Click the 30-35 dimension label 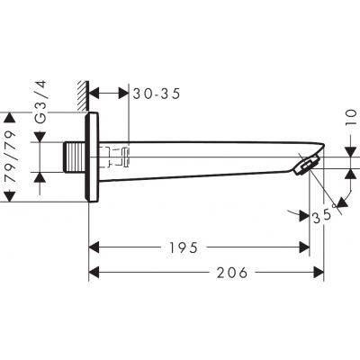point(157,94)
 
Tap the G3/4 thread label point(40,102)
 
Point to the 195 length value point(184,247)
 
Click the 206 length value point(232,273)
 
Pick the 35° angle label point(322,215)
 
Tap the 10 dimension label point(352,118)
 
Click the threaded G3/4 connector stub point(75,157)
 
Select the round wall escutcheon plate point(92,157)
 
